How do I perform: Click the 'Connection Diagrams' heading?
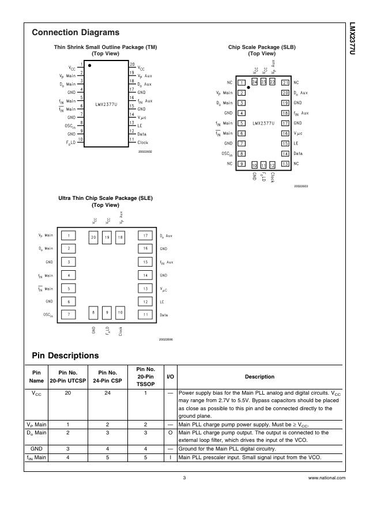76,33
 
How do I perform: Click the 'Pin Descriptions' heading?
65,355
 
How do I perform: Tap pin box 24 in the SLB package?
255,82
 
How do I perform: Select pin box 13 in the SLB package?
285,164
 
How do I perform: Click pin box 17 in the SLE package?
146,236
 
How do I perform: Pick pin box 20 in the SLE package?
93,237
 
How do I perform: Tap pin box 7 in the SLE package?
69,315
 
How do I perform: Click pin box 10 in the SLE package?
120,312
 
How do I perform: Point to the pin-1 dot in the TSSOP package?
90,66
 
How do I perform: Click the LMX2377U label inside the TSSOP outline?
107,105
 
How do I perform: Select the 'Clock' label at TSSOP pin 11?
143,142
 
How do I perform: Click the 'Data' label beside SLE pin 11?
164,315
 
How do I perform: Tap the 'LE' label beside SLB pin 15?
296,143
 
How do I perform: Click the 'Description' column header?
259,377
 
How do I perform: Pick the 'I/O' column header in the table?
171,377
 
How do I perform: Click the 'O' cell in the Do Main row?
171,432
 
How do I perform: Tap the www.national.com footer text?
327,478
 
